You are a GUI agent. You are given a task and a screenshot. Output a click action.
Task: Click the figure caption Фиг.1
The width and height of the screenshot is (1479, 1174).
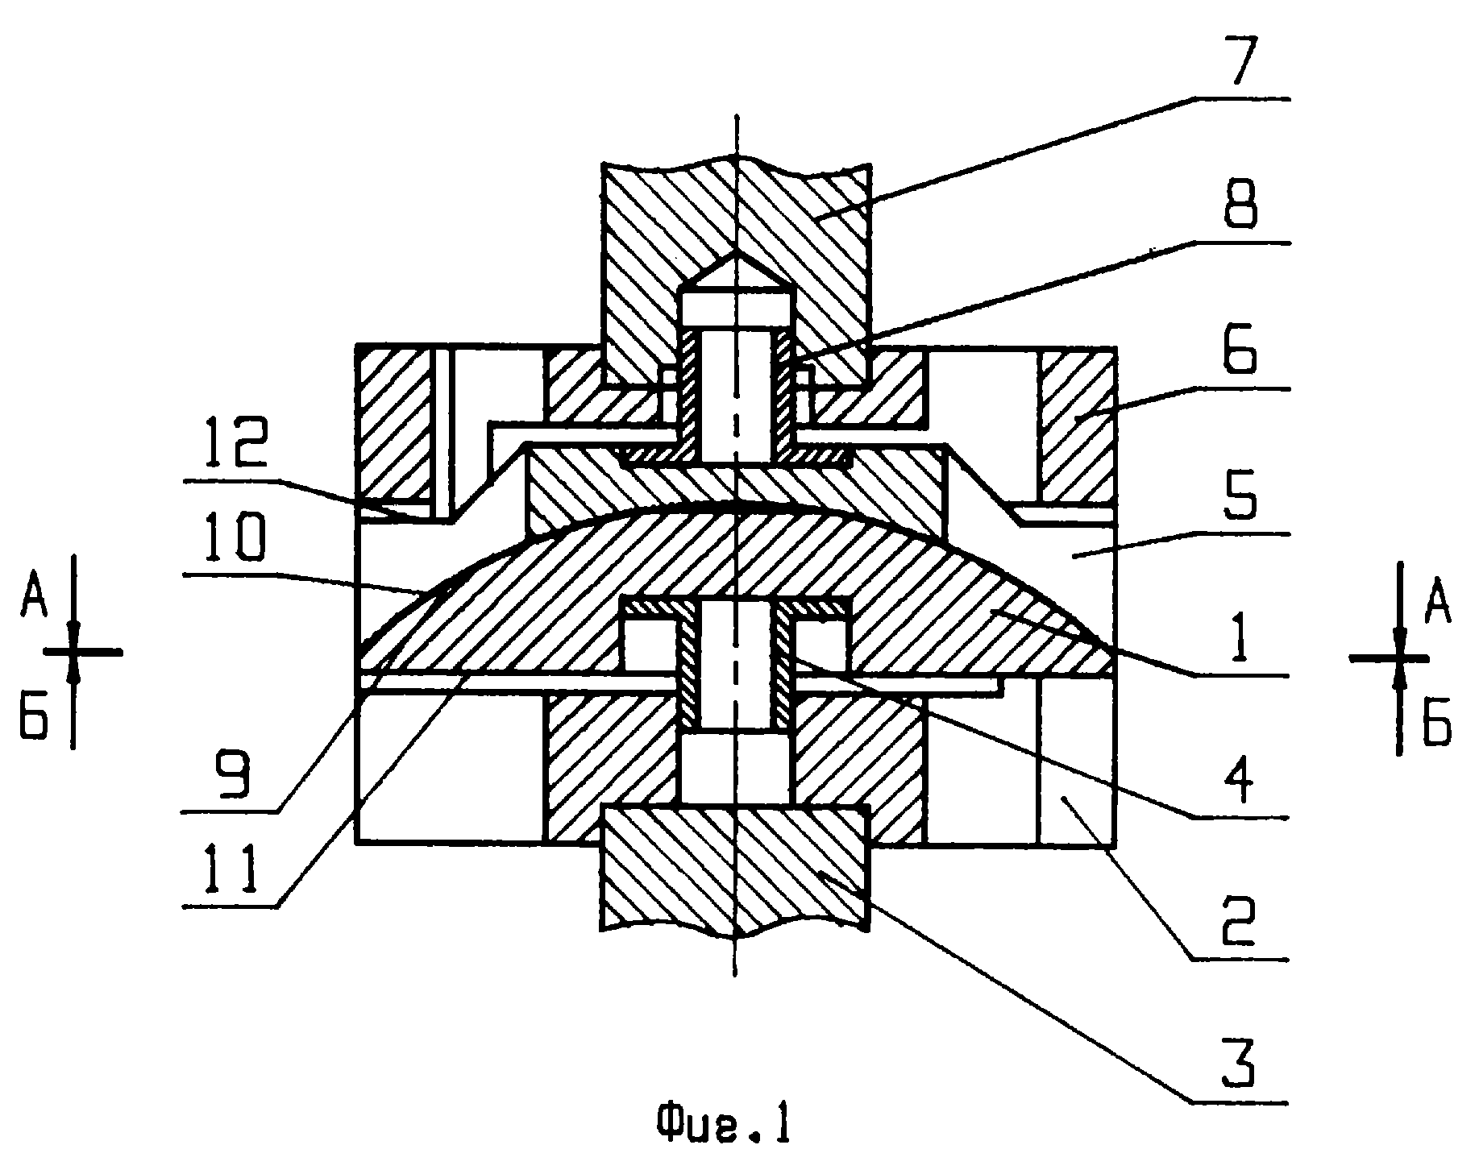click(x=723, y=1126)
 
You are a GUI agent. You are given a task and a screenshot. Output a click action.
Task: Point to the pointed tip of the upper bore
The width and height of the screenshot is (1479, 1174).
click(x=736, y=251)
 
